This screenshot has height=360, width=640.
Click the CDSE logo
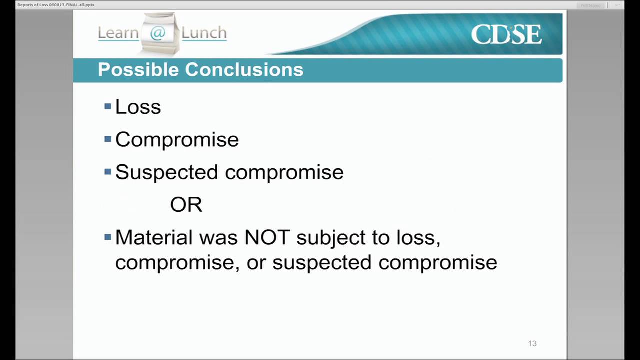click(506, 34)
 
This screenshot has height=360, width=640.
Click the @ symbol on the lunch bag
click(157, 33)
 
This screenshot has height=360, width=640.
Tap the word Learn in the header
click(118, 33)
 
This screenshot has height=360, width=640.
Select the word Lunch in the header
click(204, 33)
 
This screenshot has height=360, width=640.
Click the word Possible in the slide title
click(138, 69)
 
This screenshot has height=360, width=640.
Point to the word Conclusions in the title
click(244, 69)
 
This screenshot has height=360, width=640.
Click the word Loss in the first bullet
click(138, 107)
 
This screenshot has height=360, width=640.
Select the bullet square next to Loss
click(108, 106)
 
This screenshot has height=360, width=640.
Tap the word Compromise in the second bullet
click(177, 139)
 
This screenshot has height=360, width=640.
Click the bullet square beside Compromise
click(108, 139)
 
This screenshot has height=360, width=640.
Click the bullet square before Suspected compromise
click(108, 172)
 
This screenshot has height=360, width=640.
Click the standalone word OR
click(186, 205)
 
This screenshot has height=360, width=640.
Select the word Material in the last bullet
click(154, 237)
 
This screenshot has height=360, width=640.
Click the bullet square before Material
click(108, 236)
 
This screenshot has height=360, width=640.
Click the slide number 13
click(532, 343)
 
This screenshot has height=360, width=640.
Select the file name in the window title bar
click(56, 5)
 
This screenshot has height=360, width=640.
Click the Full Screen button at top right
click(590, 5)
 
